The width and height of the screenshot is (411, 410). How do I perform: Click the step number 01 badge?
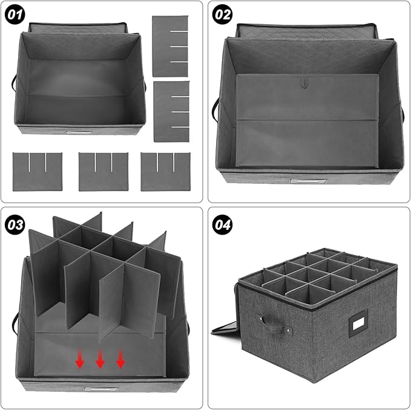[x=15, y=15]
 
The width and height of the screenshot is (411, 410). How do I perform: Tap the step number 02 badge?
[x=222, y=15]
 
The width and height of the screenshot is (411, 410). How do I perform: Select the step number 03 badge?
[x=15, y=224]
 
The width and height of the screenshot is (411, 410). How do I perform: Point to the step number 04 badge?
[x=222, y=224]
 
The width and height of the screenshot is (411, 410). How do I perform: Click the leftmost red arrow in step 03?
[x=80, y=359]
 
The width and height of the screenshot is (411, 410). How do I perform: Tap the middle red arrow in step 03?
[x=100, y=359]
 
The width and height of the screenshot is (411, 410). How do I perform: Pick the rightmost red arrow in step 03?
[x=120, y=359]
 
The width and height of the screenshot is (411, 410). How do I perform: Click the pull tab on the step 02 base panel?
[x=304, y=82]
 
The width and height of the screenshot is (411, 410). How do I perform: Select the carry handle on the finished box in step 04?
[x=275, y=325]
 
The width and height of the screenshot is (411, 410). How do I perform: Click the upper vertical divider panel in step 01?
[x=170, y=46]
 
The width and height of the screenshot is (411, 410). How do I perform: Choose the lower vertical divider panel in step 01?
[x=171, y=111]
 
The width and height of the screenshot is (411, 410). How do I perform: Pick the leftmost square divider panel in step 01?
[x=38, y=172]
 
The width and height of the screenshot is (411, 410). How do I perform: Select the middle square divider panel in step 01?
[x=104, y=172]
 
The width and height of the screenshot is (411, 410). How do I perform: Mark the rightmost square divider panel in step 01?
[x=165, y=172]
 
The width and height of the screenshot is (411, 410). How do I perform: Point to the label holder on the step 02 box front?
[x=309, y=181]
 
